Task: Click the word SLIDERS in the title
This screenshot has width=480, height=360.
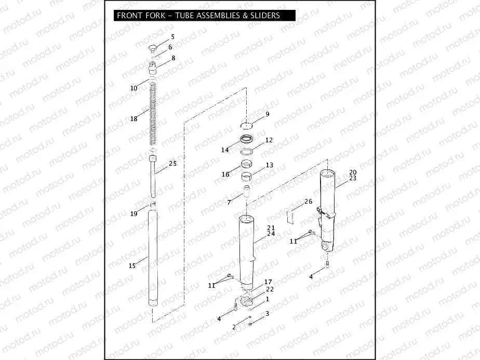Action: pyautogui.click(x=263, y=16)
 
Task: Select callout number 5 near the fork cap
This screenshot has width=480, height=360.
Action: pyautogui.click(x=173, y=37)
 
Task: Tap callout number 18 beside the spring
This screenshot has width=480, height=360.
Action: pyautogui.click(x=134, y=118)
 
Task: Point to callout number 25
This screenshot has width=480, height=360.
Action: pyautogui.click(x=172, y=164)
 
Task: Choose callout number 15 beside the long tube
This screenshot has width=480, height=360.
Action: pyautogui.click(x=132, y=265)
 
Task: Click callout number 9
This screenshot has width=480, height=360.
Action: pyautogui.click(x=268, y=114)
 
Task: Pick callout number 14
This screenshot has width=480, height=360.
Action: pyautogui.click(x=225, y=150)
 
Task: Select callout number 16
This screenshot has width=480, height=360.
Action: pyautogui.click(x=225, y=175)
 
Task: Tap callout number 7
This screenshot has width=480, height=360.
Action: pyautogui.click(x=229, y=202)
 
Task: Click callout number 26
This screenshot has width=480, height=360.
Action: pyautogui.click(x=308, y=201)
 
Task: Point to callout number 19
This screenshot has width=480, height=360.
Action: pyautogui.click(x=134, y=214)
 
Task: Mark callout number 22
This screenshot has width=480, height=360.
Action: pyautogui.click(x=270, y=289)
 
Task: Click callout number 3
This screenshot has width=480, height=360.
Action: pyautogui.click(x=267, y=313)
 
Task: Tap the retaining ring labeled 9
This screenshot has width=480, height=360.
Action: pyautogui.click(x=246, y=125)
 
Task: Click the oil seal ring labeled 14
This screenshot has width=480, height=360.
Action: pyautogui.click(x=246, y=140)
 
